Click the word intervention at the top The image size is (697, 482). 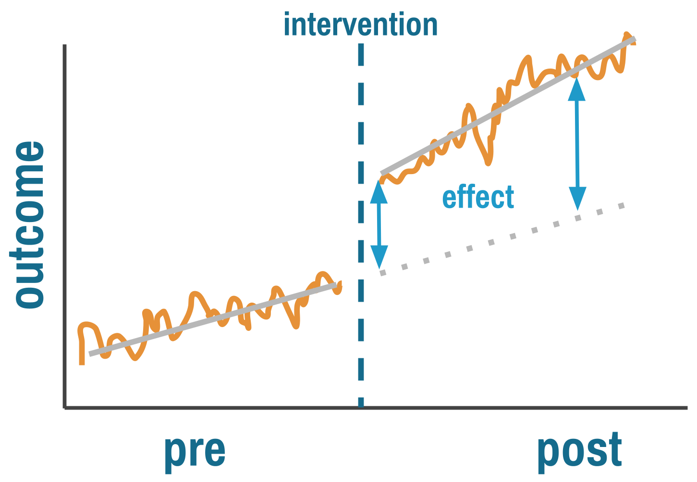point(360,25)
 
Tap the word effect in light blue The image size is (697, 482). point(478,198)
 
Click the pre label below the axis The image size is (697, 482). point(195,451)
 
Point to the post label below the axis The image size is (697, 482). point(579,451)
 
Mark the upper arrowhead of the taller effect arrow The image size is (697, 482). point(576,89)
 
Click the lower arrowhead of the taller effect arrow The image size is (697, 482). point(577,198)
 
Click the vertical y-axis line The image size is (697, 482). point(64,225)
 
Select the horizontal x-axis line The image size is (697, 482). point(375,408)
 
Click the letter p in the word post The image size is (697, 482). point(548,453)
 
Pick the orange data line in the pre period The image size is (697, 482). point(195,297)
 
